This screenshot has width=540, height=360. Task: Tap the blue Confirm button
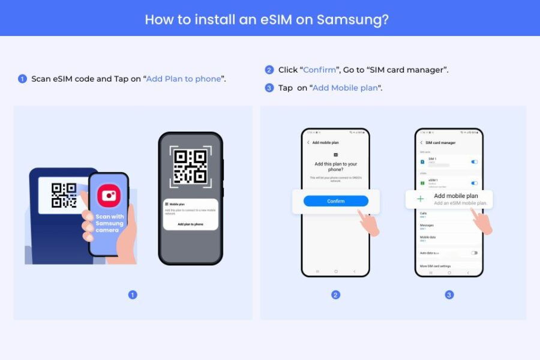pyautogui.click(x=335, y=201)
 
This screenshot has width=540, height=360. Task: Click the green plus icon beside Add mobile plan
pyautogui.click(x=420, y=199)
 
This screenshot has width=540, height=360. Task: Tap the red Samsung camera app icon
pyautogui.click(x=109, y=196)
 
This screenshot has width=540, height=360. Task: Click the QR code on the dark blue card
pyautogui.click(x=64, y=196)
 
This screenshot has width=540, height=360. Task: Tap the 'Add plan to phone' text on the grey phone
pyautogui.click(x=190, y=224)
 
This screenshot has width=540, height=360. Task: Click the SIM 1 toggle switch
pyautogui.click(x=475, y=161)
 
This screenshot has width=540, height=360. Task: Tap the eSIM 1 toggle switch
pyautogui.click(x=475, y=182)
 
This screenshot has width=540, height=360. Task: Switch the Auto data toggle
pyautogui.click(x=474, y=253)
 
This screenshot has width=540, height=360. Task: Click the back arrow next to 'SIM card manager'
pyautogui.click(x=420, y=143)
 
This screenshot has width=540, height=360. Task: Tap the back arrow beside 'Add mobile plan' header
pyautogui.click(x=308, y=143)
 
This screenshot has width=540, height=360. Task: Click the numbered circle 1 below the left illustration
pyautogui.click(x=133, y=295)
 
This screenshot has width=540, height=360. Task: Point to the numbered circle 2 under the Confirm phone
pyautogui.click(x=335, y=295)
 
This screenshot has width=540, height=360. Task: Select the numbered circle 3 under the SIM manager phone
pyautogui.click(x=449, y=295)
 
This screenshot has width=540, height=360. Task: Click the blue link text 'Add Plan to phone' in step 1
pyautogui.click(x=184, y=79)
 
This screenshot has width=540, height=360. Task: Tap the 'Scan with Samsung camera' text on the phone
pyautogui.click(x=109, y=223)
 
